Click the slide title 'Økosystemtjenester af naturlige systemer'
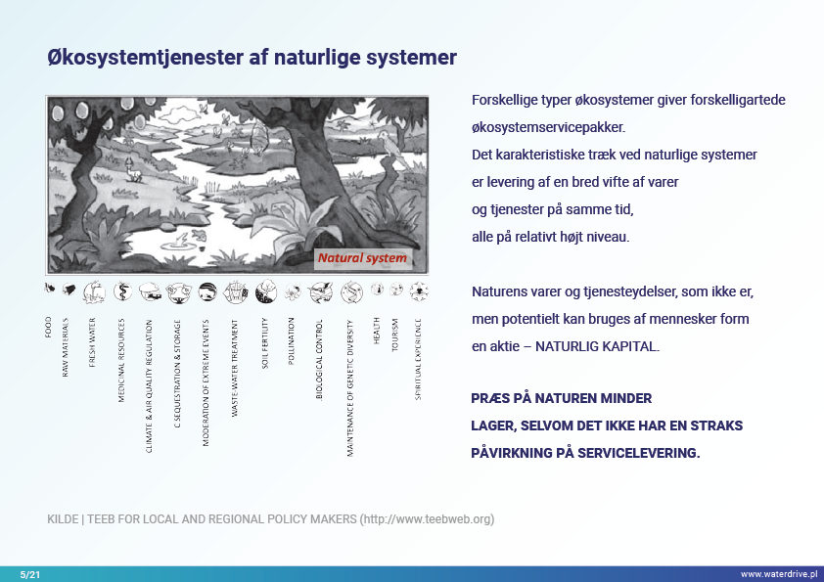coord(252,58)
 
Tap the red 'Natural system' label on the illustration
coord(361,259)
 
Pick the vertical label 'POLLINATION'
coord(292,341)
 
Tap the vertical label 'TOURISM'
coord(395,335)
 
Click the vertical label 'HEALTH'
coord(377,330)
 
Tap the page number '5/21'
coord(30,573)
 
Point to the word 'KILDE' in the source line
coord(63,519)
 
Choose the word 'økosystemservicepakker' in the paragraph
coord(547,127)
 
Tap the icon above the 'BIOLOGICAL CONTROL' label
coord(320,291)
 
